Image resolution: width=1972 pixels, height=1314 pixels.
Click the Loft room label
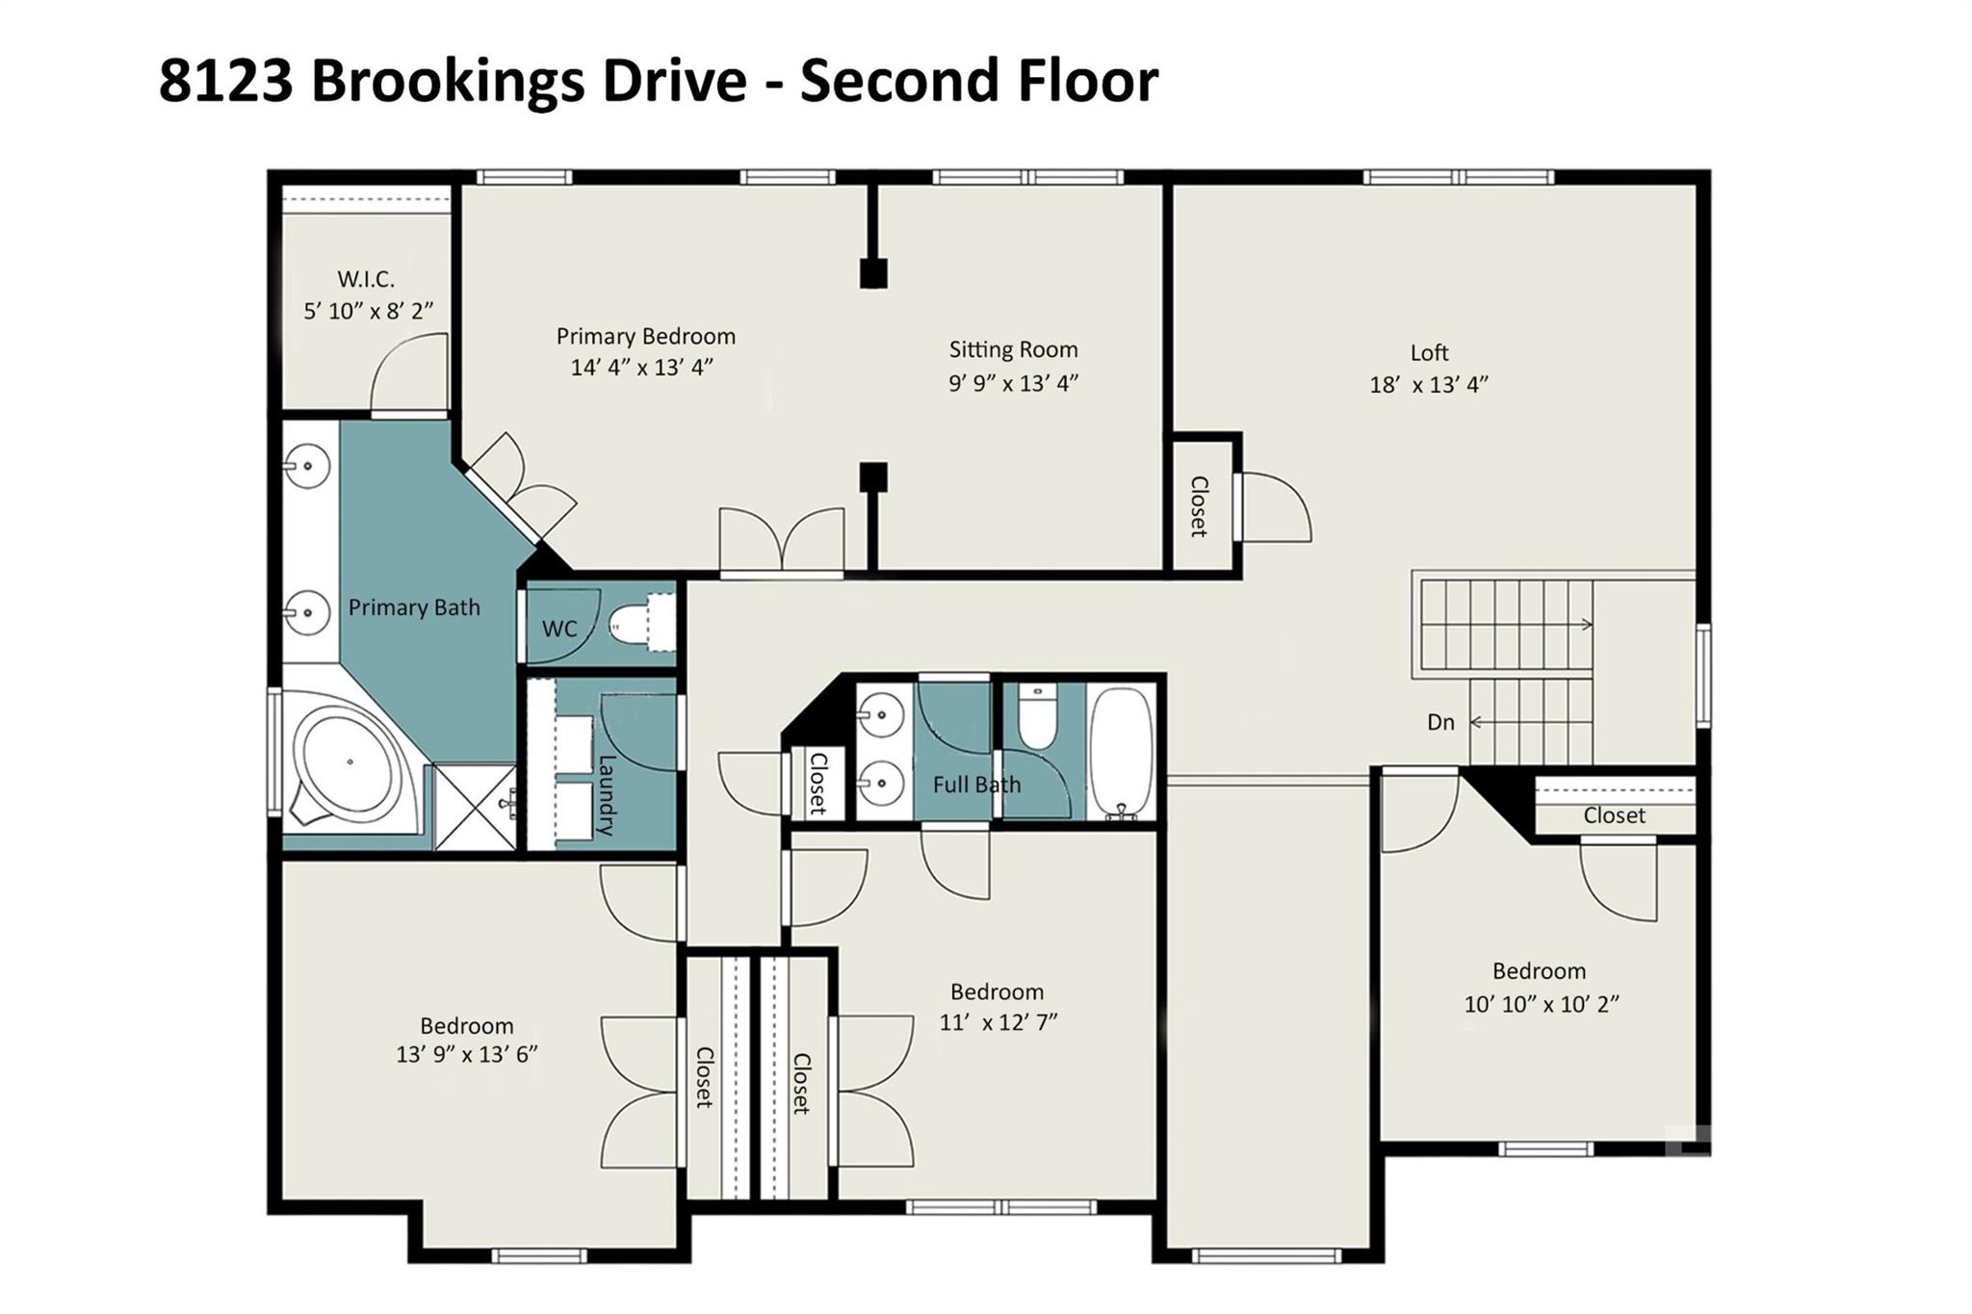point(1429,353)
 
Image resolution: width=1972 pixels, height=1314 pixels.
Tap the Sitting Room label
point(1013,349)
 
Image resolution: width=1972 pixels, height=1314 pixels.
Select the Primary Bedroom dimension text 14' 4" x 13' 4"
point(641,368)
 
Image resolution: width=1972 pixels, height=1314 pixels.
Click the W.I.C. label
point(366,279)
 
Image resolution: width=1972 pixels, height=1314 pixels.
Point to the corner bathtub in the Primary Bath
point(349,762)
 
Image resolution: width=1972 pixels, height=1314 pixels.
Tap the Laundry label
point(607,795)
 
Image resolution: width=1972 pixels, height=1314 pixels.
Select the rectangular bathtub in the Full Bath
point(1121,753)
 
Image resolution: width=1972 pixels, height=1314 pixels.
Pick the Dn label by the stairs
point(1440,722)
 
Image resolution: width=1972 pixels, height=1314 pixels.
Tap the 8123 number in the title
point(226,80)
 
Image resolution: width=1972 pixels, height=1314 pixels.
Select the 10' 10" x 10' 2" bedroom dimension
point(1542,1004)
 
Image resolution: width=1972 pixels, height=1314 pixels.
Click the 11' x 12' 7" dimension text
point(999,1022)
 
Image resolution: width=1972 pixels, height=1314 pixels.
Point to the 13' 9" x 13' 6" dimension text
point(466,1055)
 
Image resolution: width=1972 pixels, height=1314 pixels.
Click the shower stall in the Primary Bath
point(476,807)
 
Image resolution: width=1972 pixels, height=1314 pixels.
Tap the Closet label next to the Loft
point(1199,506)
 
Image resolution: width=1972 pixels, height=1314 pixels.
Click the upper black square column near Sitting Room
point(873,273)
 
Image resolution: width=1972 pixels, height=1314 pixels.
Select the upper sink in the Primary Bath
point(306,467)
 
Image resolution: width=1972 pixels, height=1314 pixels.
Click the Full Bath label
point(976,785)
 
